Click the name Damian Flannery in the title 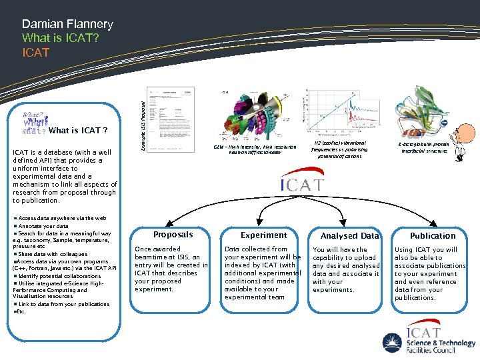click(x=67, y=24)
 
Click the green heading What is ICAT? click(x=61, y=38)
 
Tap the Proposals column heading click(x=173, y=235)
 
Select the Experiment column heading click(x=263, y=235)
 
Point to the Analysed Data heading click(x=349, y=235)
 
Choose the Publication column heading click(x=433, y=235)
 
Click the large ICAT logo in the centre click(x=302, y=185)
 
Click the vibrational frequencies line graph click(x=339, y=114)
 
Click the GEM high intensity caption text click(x=253, y=149)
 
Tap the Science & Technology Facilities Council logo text click(x=441, y=344)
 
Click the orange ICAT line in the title click(x=36, y=52)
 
